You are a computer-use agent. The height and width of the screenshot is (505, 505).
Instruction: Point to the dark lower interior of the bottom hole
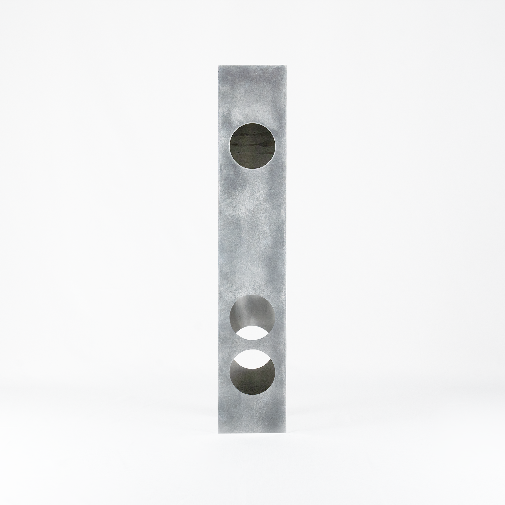point(252,384)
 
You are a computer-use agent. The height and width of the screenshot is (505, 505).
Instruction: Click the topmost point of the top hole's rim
point(252,124)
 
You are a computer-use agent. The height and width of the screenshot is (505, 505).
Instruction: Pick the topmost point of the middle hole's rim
point(252,295)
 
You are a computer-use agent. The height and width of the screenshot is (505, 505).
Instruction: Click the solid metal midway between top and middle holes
point(252,233)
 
